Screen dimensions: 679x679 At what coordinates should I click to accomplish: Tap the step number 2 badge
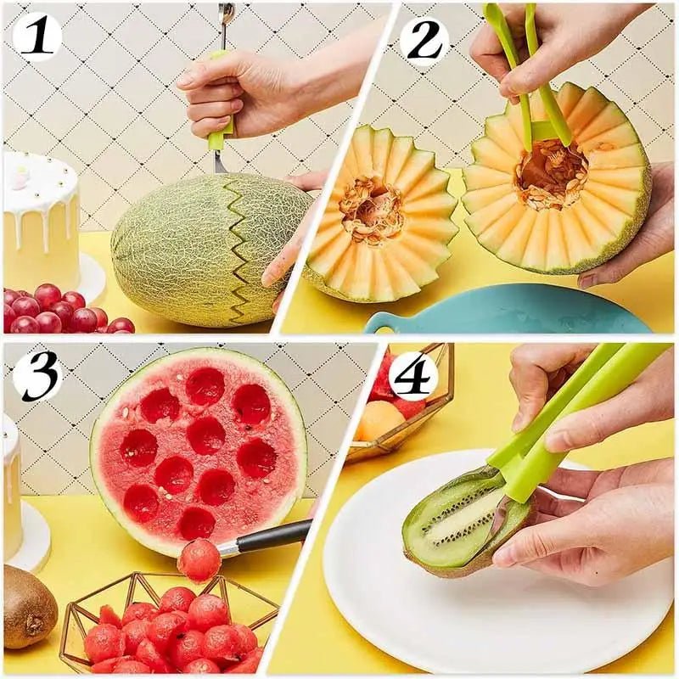(424, 38)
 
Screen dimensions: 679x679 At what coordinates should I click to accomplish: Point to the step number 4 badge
(412, 374)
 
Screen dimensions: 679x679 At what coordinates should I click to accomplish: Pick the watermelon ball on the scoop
(199, 560)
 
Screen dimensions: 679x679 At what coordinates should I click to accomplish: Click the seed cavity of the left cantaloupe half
(372, 210)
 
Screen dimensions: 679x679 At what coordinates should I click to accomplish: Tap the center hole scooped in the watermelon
(206, 435)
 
